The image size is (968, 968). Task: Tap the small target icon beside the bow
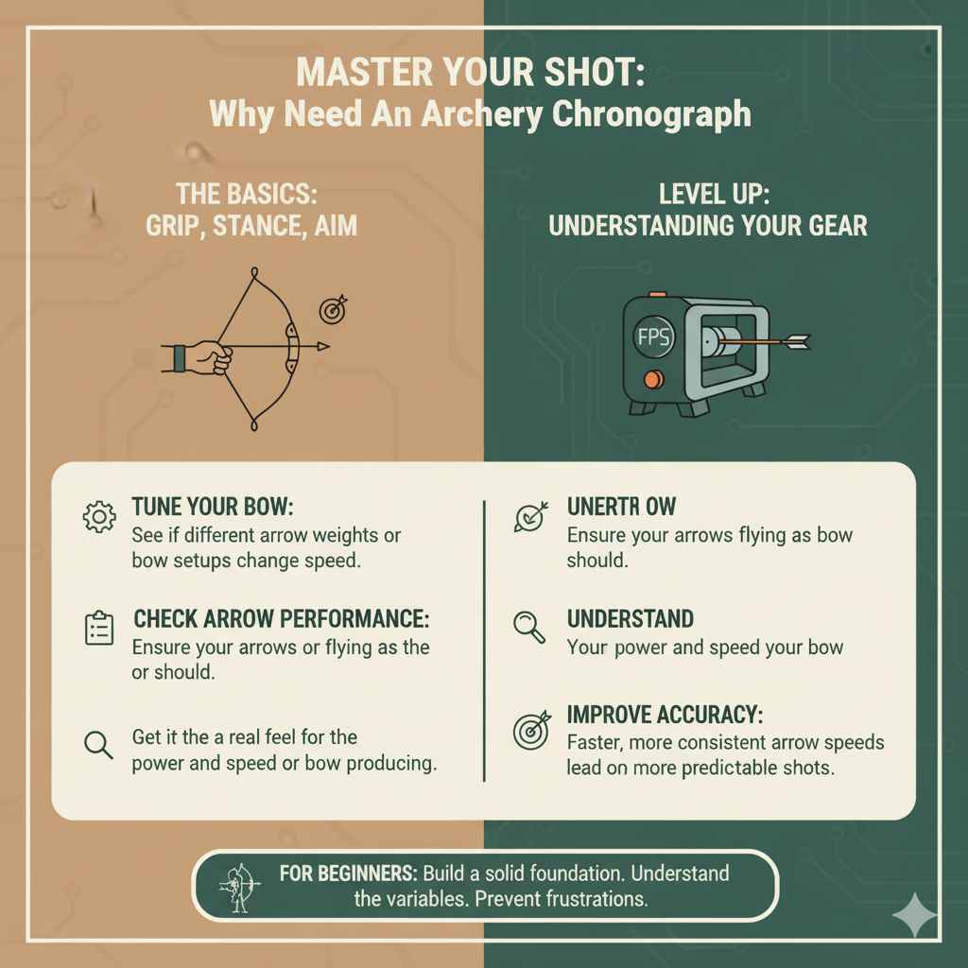(x=334, y=308)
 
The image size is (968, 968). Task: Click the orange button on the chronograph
(x=649, y=380)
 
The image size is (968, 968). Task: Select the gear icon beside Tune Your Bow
(x=98, y=517)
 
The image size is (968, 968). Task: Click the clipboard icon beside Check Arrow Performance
(x=99, y=629)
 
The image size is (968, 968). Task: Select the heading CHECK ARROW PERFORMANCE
(x=282, y=619)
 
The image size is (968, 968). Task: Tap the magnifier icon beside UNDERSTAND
(x=528, y=627)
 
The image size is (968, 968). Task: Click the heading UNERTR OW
(x=621, y=508)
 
